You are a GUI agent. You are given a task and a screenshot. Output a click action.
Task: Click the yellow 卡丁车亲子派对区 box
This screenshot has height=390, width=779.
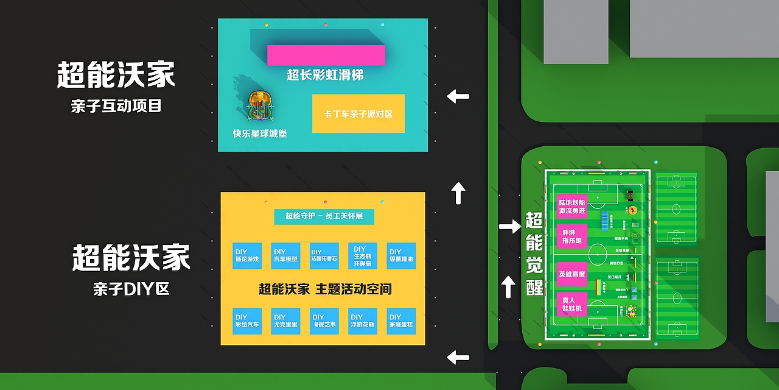[358, 113]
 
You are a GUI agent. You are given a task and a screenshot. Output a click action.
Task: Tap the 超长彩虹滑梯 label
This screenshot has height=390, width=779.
[326, 75]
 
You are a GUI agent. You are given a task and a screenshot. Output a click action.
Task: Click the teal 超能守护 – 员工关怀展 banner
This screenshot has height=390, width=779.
[324, 216]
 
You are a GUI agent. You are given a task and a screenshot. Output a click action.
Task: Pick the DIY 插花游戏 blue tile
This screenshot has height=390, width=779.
[247, 255]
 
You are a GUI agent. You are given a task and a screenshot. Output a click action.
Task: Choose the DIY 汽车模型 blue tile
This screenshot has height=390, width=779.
[286, 255]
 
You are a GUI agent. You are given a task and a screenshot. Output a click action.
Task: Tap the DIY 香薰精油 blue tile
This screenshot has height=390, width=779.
[401, 255]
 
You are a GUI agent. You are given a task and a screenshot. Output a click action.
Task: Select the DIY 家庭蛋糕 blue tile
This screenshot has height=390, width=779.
[401, 321]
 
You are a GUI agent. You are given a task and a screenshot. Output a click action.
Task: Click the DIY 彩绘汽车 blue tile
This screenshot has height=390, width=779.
[247, 321]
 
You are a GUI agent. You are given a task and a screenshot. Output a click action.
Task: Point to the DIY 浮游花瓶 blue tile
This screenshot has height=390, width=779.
[363, 321]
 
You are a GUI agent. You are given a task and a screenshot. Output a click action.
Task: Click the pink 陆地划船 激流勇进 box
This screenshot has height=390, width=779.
[571, 206]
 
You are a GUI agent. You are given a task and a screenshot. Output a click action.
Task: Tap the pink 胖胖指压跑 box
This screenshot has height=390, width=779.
[571, 236]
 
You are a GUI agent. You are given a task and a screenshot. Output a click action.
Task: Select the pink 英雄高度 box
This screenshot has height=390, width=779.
[571, 274]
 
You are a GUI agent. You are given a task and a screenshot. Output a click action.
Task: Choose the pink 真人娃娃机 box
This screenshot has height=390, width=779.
[571, 304]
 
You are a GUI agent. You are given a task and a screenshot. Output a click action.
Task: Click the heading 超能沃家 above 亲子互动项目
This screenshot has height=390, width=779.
[116, 75]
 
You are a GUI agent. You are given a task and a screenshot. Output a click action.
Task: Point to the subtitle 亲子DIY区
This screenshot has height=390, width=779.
[131, 289]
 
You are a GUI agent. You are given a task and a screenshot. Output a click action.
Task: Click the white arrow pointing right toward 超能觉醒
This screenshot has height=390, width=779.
[509, 227]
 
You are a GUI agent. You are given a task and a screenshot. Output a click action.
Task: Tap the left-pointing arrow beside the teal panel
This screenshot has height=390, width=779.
[458, 96]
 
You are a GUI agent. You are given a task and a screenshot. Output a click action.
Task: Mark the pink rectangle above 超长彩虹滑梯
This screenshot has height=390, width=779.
[326, 55]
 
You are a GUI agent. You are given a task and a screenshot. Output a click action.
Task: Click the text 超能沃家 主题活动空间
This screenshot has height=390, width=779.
[325, 289]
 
